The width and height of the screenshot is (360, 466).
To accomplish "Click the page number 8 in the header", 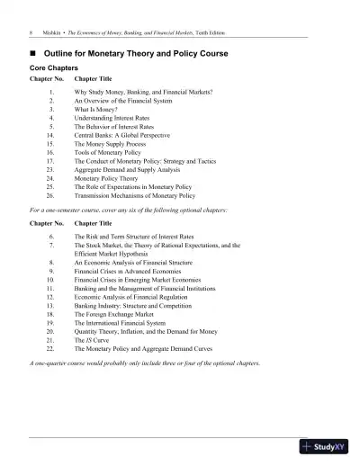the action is point(31,33).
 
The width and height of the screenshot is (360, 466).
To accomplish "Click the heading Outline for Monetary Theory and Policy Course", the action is point(138,54).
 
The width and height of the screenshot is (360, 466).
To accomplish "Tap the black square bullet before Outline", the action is point(34,54).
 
